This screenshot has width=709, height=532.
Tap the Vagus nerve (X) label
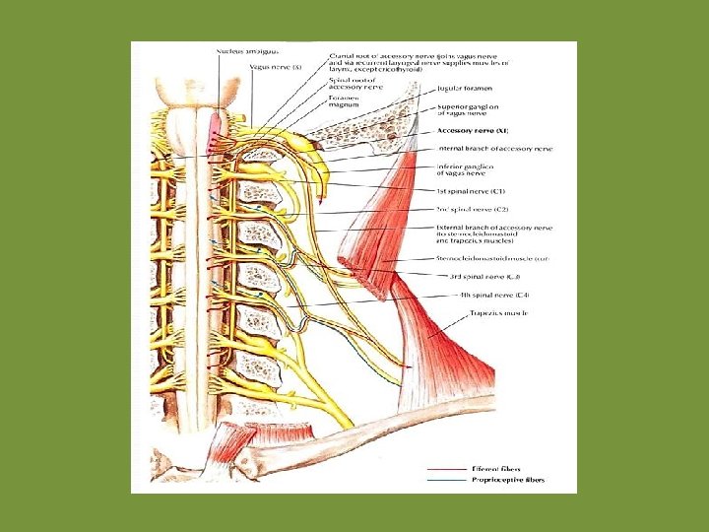[275, 66]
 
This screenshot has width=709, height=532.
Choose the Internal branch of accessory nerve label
[494, 149]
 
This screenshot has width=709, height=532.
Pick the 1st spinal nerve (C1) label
[471, 190]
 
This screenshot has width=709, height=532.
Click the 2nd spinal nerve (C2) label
[472, 209]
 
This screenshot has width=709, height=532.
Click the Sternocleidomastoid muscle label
[491, 258]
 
